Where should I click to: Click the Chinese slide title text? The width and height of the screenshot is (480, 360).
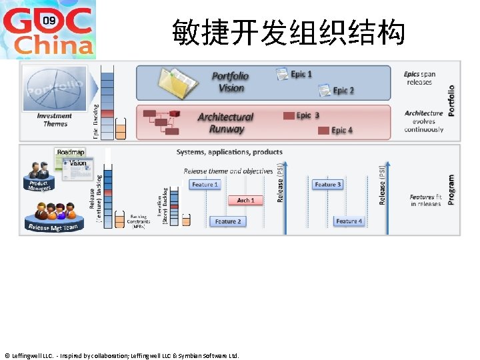coord(288,32)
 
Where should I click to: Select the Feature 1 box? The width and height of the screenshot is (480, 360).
coord(205,184)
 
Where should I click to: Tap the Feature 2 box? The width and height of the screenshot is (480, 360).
coord(227,221)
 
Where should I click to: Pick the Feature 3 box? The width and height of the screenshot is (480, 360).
coord(328,184)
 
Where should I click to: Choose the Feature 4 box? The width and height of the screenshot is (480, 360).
coord(349,221)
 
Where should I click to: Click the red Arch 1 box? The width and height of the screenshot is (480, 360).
coord(245,200)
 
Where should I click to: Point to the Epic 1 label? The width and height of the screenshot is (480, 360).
coord(301,74)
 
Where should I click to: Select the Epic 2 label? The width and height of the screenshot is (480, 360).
coord(343,90)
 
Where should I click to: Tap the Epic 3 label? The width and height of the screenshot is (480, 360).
coord(307,115)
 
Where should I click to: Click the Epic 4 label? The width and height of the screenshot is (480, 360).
coord(342,130)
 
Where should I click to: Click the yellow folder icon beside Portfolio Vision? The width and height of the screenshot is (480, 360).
coord(177,83)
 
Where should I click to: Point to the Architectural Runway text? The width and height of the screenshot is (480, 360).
coord(225,123)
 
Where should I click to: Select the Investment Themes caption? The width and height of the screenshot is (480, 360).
coord(55,120)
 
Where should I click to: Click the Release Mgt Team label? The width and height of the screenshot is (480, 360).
coord(53,227)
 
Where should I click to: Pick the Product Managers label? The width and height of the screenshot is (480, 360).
coord(39,185)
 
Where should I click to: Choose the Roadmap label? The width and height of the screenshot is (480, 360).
coord(71,153)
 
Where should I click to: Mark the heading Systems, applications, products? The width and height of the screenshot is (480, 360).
coord(229,152)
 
